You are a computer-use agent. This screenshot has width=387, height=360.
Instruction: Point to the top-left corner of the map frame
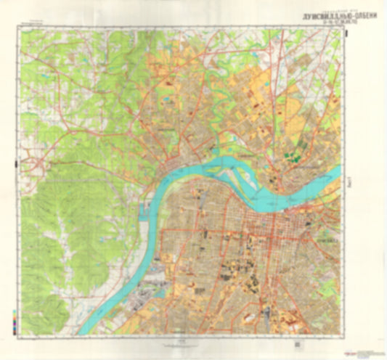tap(21, 31)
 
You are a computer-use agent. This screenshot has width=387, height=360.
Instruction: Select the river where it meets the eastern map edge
tap(341, 172)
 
